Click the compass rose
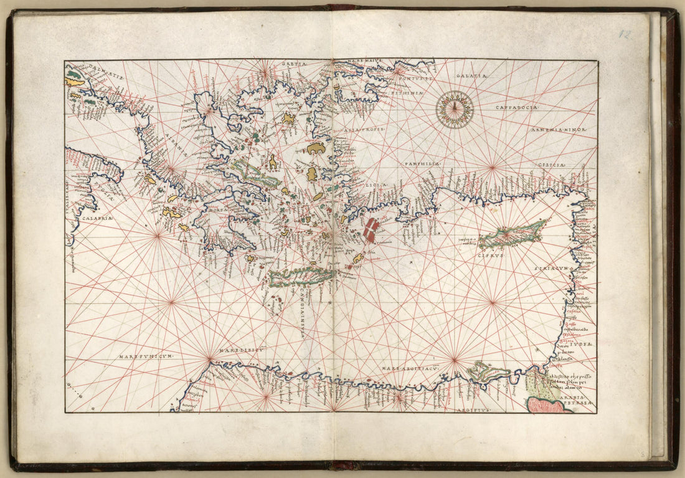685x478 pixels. (x=455, y=109)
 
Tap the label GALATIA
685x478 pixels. (x=473, y=75)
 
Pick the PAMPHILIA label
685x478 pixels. (x=423, y=163)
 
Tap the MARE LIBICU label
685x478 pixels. (x=243, y=350)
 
